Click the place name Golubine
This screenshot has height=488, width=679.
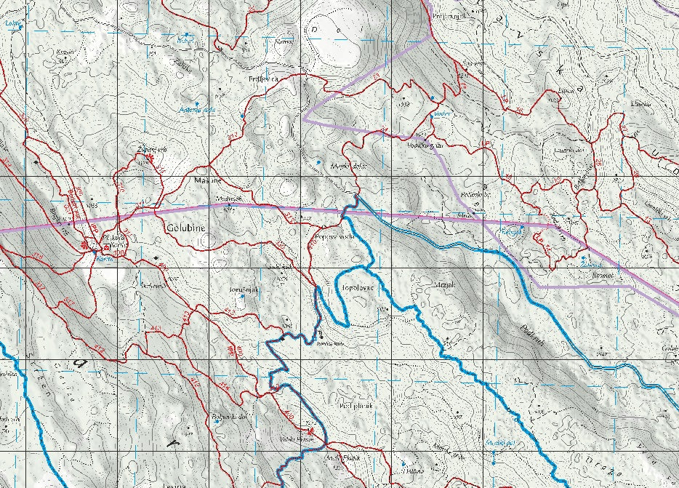point(188,228)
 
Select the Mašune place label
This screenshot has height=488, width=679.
point(201,179)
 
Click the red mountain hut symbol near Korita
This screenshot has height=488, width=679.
point(106,247)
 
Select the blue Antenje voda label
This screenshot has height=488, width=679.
point(198,110)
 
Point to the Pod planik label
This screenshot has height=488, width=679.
point(355,406)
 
